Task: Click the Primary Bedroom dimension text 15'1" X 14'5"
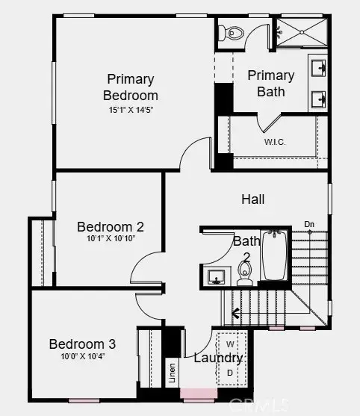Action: click(x=131, y=110)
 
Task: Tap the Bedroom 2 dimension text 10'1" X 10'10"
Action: click(x=111, y=238)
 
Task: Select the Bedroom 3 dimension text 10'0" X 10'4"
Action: click(x=83, y=356)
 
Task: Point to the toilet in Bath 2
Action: click(x=244, y=273)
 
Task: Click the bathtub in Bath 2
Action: click(x=275, y=255)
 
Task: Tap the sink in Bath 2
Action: click(x=217, y=277)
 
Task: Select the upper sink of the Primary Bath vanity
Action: click(x=319, y=68)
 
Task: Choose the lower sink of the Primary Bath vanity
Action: click(x=319, y=99)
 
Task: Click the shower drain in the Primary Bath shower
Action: click(x=302, y=32)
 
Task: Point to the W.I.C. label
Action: click(x=275, y=142)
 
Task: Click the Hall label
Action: click(x=253, y=199)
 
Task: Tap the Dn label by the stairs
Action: click(x=309, y=224)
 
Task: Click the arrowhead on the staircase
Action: click(x=235, y=314)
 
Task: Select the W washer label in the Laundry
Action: click(x=230, y=344)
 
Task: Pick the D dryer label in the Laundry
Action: click(x=230, y=373)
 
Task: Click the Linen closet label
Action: click(x=173, y=373)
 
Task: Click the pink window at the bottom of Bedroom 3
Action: click(x=84, y=401)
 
